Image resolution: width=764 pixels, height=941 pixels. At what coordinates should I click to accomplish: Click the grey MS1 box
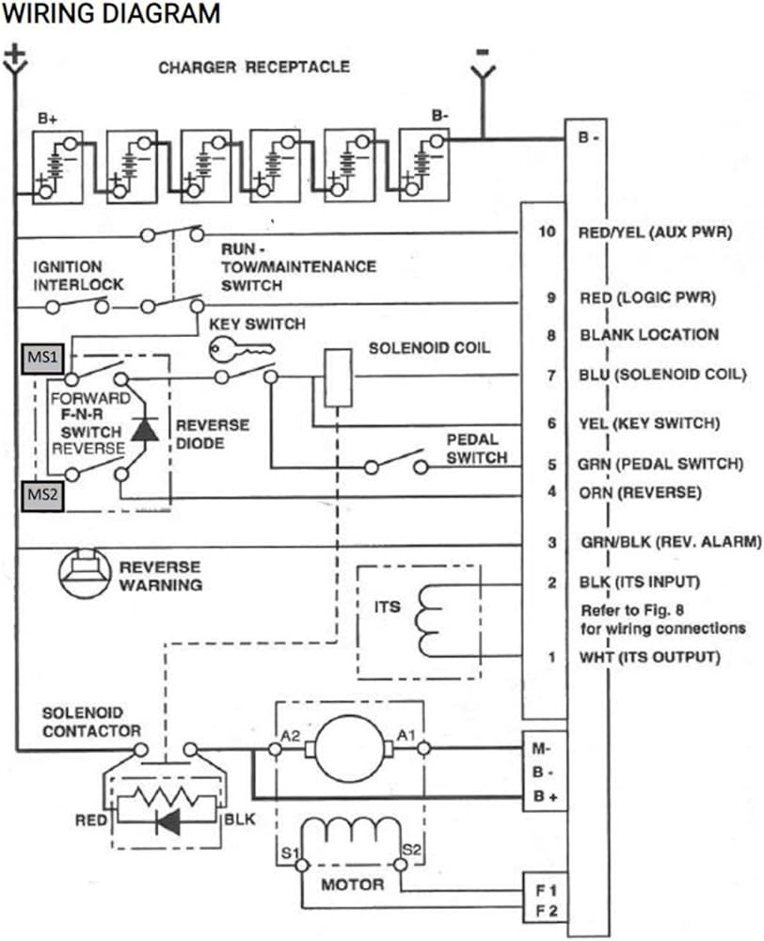point(42,359)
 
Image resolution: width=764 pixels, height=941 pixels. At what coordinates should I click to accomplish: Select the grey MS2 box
point(42,496)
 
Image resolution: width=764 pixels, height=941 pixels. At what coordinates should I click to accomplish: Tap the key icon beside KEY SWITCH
point(242,349)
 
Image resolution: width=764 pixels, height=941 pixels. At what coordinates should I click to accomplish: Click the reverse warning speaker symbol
point(85,573)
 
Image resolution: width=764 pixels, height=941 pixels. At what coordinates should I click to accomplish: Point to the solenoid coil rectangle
point(338,377)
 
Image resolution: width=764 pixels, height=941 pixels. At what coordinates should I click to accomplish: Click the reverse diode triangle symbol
point(145,430)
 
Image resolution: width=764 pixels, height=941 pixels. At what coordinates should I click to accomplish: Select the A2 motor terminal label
point(291,735)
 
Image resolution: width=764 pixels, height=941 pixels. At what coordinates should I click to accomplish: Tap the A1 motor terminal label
point(406,735)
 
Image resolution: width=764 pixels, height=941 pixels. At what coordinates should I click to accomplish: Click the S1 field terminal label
point(290,853)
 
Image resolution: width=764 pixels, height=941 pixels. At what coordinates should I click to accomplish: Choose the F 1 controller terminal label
point(546,890)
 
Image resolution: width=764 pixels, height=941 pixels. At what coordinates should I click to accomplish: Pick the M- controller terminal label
point(541,748)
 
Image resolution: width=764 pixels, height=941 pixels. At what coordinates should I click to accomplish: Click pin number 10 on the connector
point(547,231)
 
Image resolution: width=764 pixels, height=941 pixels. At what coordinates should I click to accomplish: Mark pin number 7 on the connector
point(551,375)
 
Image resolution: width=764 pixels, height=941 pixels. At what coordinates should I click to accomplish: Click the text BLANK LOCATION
point(649,335)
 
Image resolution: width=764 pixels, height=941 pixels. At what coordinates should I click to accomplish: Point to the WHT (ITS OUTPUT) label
point(649,657)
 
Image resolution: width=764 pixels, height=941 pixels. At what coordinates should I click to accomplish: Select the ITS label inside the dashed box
point(387,607)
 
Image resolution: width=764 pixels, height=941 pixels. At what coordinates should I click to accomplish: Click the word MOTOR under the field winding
point(352,885)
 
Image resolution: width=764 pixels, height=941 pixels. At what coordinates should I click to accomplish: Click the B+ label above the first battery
point(47,119)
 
